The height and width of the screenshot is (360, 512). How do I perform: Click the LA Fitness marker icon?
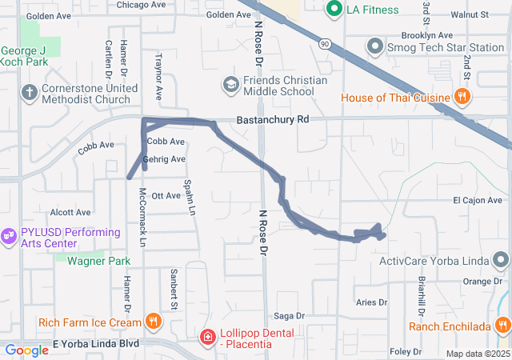tap(334, 9)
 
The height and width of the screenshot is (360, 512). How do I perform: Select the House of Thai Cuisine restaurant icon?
tap(462, 98)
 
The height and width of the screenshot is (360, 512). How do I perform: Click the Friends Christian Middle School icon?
tap(230, 84)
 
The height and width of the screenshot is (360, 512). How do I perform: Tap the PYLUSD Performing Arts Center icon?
tap(9, 235)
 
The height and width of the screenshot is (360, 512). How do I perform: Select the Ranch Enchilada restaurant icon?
tap(503, 326)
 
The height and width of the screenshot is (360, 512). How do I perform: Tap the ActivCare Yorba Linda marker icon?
tap(502, 260)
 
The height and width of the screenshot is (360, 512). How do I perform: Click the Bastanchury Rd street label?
tap(272, 119)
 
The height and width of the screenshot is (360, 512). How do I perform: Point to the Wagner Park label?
tap(98, 261)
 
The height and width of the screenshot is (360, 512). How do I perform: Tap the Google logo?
tap(26, 350)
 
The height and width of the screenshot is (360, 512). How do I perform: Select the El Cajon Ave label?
tap(479, 200)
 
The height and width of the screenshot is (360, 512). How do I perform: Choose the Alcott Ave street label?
tap(70, 212)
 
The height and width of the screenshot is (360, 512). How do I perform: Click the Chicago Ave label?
tap(140, 5)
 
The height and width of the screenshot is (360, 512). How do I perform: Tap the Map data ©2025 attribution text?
tap(477, 354)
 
